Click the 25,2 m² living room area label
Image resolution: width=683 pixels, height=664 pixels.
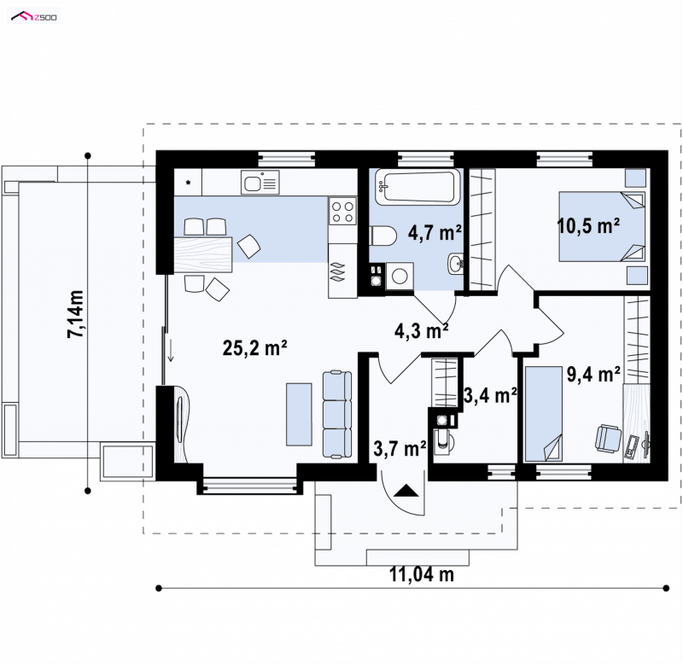click(x=254, y=348)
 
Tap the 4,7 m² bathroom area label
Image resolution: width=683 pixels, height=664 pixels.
click(x=435, y=233)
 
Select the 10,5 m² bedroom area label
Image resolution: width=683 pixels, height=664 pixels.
click(x=589, y=226)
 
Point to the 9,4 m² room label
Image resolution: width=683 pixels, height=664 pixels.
click(x=593, y=374)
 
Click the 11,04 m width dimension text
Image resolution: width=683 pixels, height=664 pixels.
click(x=422, y=574)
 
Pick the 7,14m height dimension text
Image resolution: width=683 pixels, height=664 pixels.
click(x=75, y=314)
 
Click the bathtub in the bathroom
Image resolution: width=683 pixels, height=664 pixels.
click(x=417, y=187)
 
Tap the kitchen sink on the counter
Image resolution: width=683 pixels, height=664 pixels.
click(x=260, y=182)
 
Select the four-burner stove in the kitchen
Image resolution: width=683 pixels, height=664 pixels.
click(x=342, y=211)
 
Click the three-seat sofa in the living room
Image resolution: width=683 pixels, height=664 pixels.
click(x=336, y=414)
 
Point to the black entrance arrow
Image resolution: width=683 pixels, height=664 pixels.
click(x=406, y=490)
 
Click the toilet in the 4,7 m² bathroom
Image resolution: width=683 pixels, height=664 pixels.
click(x=382, y=236)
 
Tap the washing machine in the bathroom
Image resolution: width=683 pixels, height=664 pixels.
click(x=400, y=275)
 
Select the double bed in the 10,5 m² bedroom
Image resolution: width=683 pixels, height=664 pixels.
click(x=602, y=226)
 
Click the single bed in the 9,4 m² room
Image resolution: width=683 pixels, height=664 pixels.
click(x=543, y=414)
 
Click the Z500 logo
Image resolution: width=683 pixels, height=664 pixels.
click(x=34, y=17)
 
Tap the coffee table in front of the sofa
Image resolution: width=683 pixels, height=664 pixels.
click(x=299, y=415)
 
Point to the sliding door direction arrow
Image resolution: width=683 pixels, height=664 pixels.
click(x=171, y=351)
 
